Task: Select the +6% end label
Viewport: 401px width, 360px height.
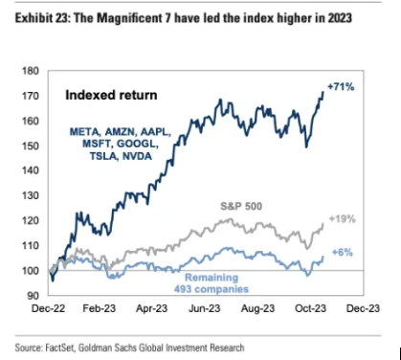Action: click(340, 252)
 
